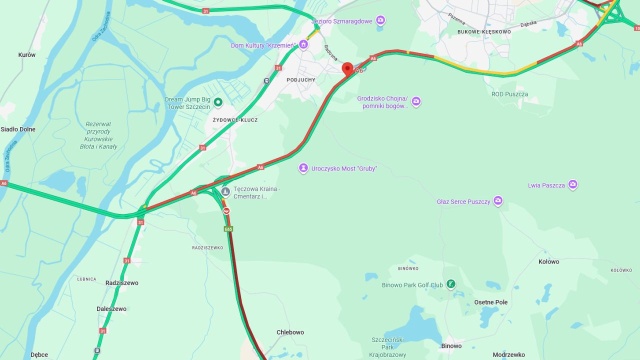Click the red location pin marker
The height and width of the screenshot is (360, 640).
click(x=348, y=69)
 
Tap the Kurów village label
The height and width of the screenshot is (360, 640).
click(x=26, y=56)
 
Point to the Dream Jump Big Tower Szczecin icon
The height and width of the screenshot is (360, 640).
click(x=217, y=101)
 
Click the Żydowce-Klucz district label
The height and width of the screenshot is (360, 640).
click(x=236, y=119)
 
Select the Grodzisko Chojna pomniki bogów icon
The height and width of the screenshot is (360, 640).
click(x=417, y=101)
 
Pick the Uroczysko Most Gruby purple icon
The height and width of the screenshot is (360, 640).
click(x=302, y=168)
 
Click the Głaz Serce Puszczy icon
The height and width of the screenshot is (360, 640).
click(x=500, y=202)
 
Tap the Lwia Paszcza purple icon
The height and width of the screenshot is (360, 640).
click(x=574, y=185)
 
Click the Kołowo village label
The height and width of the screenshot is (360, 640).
click(x=548, y=262)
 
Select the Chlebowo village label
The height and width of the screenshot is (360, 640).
click(x=290, y=332)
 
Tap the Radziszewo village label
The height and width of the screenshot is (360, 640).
click(x=122, y=283)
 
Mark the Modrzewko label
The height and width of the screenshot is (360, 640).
click(x=509, y=354)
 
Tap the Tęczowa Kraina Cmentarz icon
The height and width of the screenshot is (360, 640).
click(x=225, y=192)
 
